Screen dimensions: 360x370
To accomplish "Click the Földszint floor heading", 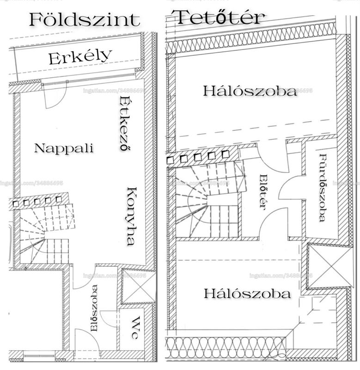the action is pyautogui.click(x=85, y=20).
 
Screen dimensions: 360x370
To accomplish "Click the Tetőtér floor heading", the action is pyautogui.click(x=221, y=18).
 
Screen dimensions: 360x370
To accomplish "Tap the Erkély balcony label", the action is pyautogui.click(x=80, y=57).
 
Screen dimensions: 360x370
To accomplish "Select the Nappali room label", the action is pyautogui.click(x=64, y=148).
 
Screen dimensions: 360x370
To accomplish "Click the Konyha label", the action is pyautogui.click(x=131, y=216).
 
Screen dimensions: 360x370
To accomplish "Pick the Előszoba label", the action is pyautogui.click(x=94, y=308).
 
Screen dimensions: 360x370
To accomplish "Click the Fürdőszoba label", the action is pyautogui.click(x=323, y=188).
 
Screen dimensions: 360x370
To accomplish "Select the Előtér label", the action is pyautogui.click(x=263, y=191).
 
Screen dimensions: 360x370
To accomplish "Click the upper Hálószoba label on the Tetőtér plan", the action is pyautogui.click(x=250, y=91).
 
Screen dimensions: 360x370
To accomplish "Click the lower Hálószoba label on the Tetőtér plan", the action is pyautogui.click(x=247, y=294).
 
